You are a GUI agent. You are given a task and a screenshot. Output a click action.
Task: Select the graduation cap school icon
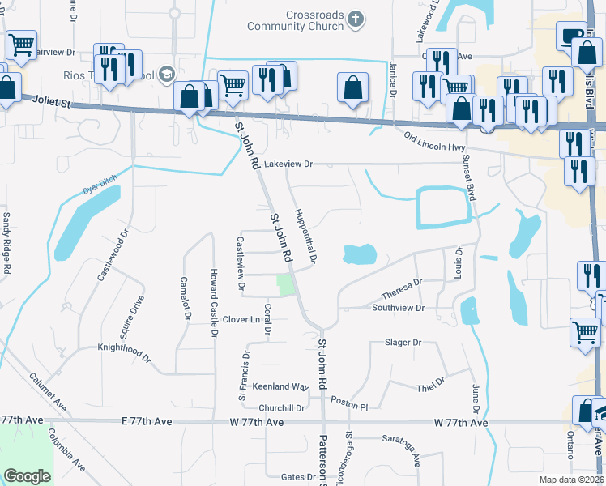168,75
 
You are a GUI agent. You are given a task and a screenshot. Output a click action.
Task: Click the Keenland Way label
280,386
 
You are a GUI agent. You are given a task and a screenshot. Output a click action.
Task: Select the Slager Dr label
403,343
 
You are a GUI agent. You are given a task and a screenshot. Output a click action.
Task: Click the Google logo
27,476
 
